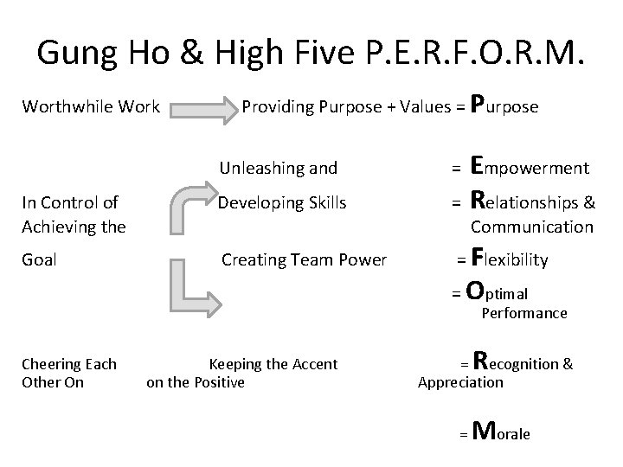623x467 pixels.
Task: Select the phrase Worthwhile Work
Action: [90, 107]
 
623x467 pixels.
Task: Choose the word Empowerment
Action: [529, 166]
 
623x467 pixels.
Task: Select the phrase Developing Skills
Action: [282, 203]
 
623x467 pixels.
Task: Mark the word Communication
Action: [531, 227]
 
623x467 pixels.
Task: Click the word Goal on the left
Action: [39, 259]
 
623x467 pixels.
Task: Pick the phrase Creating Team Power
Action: [305, 259]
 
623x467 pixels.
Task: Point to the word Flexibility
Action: [510, 259]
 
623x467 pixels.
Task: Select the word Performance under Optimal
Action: [523, 313]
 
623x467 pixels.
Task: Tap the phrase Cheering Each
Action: [69, 364]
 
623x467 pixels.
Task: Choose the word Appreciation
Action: [459, 382]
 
